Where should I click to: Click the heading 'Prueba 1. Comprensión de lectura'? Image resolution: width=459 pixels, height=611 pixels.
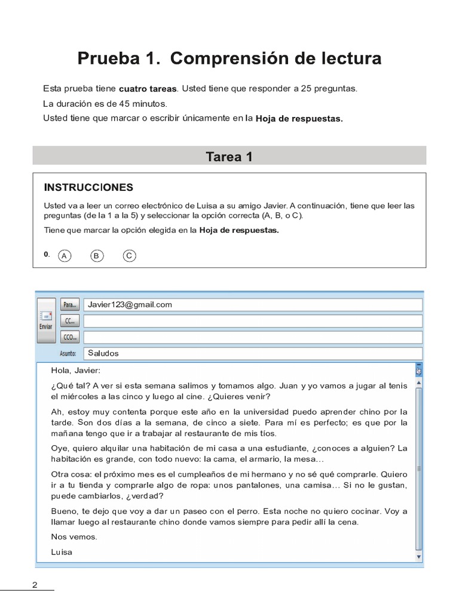pyautogui.click(x=229, y=59)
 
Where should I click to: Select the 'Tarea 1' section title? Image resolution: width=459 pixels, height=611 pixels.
pyautogui.click(x=229, y=157)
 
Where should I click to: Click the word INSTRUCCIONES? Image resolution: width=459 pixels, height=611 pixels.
pyautogui.click(x=88, y=187)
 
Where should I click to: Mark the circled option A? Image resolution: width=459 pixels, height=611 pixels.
pyautogui.click(x=64, y=256)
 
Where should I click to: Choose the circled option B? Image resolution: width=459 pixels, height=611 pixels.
pyautogui.click(x=96, y=256)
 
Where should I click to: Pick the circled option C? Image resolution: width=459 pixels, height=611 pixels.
pyautogui.click(x=129, y=256)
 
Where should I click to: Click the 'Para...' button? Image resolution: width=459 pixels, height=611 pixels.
pyautogui.click(x=70, y=305)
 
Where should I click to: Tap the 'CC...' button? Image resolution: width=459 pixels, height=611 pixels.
pyautogui.click(x=70, y=321)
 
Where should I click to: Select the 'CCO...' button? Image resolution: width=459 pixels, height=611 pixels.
pyautogui.click(x=70, y=337)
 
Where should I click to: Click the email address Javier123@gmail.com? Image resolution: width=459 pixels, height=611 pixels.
pyautogui.click(x=130, y=304)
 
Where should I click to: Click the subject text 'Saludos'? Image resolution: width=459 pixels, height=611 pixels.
pyautogui.click(x=103, y=353)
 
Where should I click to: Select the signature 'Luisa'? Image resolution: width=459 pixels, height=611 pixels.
pyautogui.click(x=62, y=552)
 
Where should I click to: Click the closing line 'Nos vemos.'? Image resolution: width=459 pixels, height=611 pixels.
pyautogui.click(x=74, y=536)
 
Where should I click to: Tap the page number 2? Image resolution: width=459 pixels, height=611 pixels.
pyautogui.click(x=35, y=585)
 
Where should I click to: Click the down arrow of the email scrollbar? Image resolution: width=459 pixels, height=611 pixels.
pyautogui.click(x=419, y=557)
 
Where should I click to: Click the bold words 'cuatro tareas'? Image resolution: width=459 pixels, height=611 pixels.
pyautogui.click(x=148, y=88)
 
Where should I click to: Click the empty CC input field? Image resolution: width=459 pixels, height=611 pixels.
pyautogui.click(x=252, y=321)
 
